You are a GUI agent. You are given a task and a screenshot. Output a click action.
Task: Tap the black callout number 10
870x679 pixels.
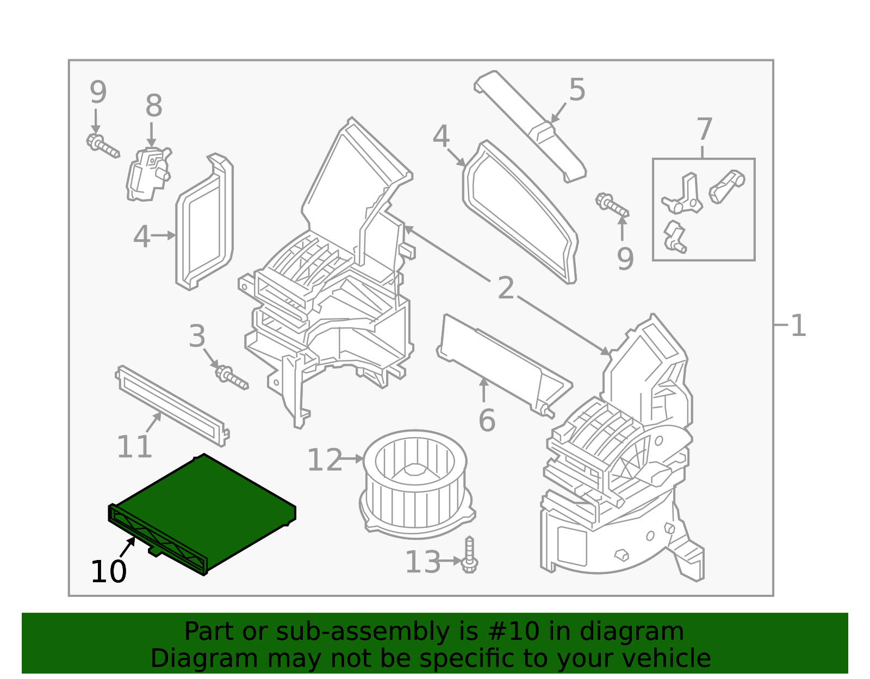[109, 572]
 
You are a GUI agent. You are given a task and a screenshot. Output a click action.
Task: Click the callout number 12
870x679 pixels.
[325, 460]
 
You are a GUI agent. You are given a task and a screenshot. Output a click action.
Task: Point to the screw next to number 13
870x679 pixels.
[469, 556]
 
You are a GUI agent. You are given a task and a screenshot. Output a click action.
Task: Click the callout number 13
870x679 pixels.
[422, 562]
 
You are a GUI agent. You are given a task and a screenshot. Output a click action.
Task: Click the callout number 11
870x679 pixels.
[134, 447]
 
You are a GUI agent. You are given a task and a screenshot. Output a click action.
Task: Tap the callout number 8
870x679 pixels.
[154, 106]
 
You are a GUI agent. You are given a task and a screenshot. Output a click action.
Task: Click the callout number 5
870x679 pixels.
[577, 90]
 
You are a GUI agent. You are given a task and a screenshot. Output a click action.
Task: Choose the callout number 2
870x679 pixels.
[506, 288]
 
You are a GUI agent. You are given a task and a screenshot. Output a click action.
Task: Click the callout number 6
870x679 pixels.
[487, 421]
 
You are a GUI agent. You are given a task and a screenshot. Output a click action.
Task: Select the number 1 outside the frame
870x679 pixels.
[798, 326]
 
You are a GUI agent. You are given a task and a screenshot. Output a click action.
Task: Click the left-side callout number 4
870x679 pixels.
[141, 237]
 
